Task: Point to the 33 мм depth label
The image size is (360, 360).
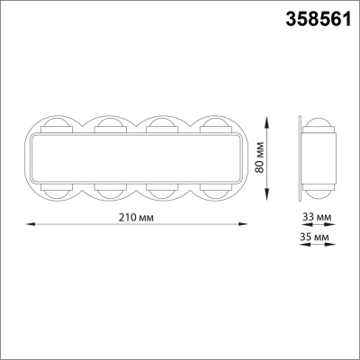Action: point(316,218)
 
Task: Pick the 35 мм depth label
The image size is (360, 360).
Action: point(316,236)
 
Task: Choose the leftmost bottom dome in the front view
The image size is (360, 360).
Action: point(57,193)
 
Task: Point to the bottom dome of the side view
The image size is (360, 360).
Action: point(319,191)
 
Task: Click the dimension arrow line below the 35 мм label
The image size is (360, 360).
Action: point(317,245)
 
